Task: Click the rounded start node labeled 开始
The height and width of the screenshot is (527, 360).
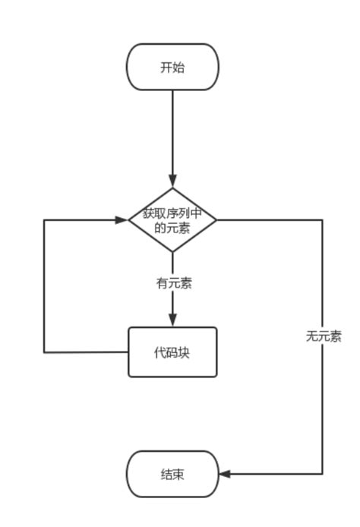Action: pyautogui.click(x=172, y=67)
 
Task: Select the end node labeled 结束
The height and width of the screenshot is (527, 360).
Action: pyautogui.click(x=172, y=475)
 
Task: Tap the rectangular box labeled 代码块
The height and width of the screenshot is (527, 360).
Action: pyautogui.click(x=172, y=352)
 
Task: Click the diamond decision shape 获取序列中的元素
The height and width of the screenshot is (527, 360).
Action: pyautogui.click(x=172, y=220)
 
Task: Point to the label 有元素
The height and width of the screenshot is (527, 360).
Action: pyautogui.click(x=174, y=283)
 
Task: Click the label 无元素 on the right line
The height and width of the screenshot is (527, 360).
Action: pyautogui.click(x=324, y=336)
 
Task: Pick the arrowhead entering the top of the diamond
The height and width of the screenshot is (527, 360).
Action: pyautogui.click(x=172, y=181)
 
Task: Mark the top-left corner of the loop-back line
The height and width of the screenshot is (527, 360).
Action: pyautogui.click(x=44, y=220)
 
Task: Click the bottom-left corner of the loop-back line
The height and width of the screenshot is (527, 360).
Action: pyautogui.click(x=44, y=352)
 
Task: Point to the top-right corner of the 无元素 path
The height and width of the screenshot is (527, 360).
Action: pyautogui.click(x=322, y=220)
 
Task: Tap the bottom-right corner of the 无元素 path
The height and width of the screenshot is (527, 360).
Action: pyautogui.click(x=322, y=474)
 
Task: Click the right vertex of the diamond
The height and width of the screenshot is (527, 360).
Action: pyautogui.click(x=216, y=220)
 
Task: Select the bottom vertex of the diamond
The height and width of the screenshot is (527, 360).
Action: pyautogui.click(x=172, y=251)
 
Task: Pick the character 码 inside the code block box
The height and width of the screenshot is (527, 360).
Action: pyautogui.click(x=172, y=352)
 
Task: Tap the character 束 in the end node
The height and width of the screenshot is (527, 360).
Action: pyautogui.click(x=178, y=475)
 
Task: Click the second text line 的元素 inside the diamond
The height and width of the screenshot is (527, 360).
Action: pyautogui.click(x=172, y=228)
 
